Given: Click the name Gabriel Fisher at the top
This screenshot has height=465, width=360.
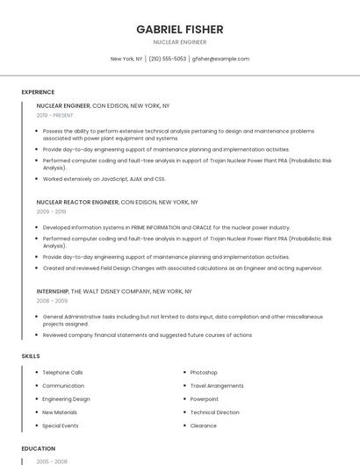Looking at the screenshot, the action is point(179,29).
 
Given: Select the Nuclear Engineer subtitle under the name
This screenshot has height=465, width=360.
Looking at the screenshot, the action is point(179,42).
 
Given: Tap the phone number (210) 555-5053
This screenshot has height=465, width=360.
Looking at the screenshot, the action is point(167,59).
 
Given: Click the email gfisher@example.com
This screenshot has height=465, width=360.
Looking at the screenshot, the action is point(220,59).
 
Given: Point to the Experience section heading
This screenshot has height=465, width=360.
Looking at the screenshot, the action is point(38,92).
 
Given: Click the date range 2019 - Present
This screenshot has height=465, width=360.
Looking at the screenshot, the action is point(54,115).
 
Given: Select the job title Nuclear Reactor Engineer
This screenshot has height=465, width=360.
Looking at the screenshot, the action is point(77,202).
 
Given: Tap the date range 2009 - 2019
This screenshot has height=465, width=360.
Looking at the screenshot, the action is point(51,211).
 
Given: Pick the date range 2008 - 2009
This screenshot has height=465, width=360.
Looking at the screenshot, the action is point(51,300).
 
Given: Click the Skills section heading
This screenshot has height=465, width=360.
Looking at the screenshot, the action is point(30,355).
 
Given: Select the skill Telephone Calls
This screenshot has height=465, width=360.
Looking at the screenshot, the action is point(62,372).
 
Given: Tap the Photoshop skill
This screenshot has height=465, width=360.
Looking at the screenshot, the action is point(204,372).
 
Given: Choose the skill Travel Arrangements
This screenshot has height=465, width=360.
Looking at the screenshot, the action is point(217,385).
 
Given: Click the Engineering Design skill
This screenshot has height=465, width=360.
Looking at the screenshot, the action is point(66,398).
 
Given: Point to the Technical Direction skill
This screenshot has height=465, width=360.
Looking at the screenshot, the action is point(214,411).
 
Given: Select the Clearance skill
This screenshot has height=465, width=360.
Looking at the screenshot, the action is point(203,426).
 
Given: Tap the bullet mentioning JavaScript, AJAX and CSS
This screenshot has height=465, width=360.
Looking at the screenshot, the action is point(104,178).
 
